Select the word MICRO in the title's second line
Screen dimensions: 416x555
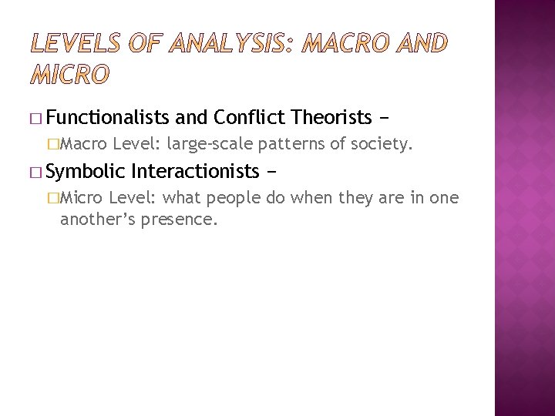[x=70, y=75]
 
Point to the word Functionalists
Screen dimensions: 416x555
[x=107, y=117]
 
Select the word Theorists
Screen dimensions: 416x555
[x=331, y=117]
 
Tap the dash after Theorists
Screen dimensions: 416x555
[x=384, y=117]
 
